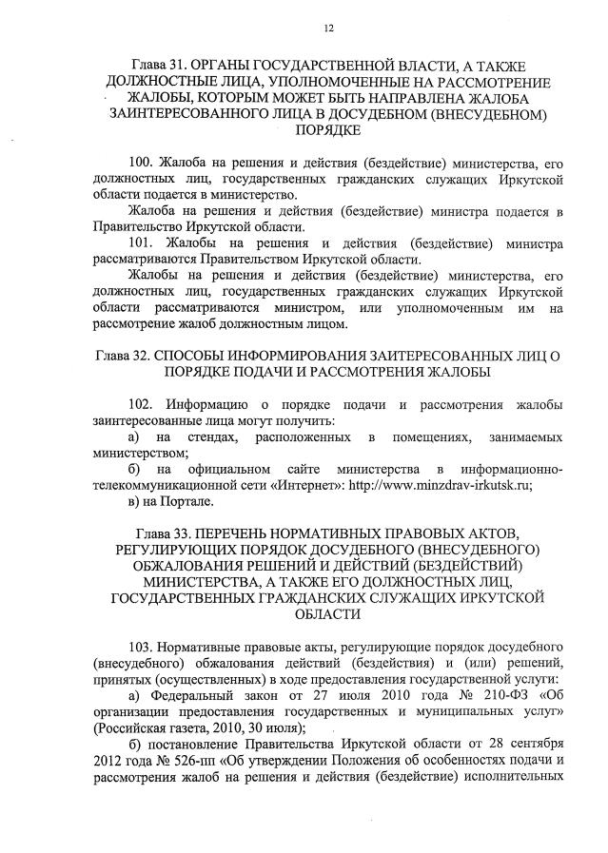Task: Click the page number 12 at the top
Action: point(328,28)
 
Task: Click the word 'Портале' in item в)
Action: point(184,501)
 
